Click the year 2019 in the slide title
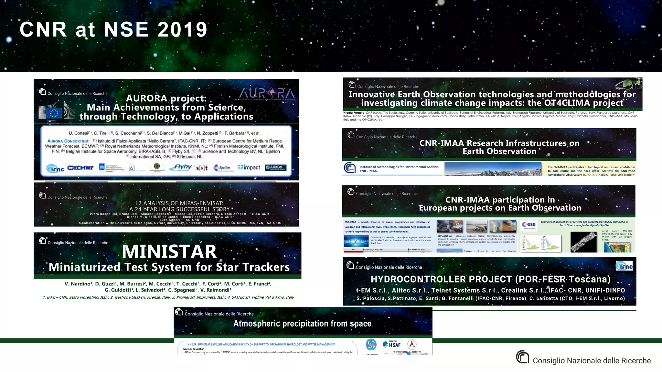(182, 30)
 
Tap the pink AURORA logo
(267, 93)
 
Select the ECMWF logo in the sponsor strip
(80, 168)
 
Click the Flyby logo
(183, 167)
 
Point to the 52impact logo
(248, 167)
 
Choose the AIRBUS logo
(275, 168)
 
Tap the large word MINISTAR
(169, 252)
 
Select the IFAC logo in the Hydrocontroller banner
(624, 266)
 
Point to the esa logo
(529, 225)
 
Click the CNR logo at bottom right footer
(522, 357)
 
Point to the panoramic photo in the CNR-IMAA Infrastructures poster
(493, 169)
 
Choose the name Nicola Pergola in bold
(354, 113)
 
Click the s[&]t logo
(202, 168)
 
